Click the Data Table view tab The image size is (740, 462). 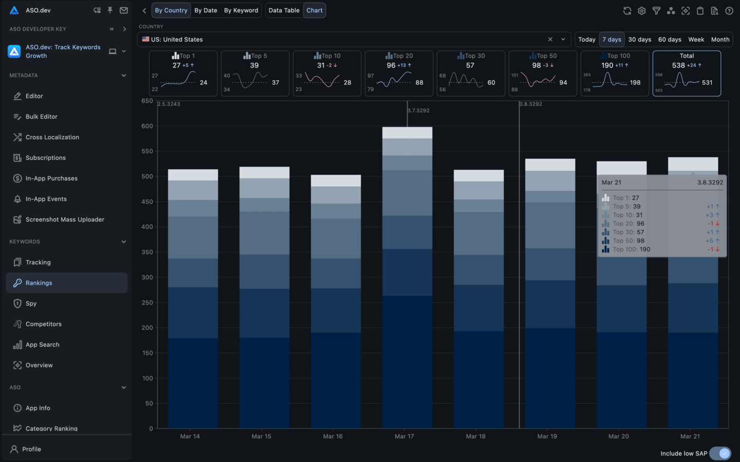284,10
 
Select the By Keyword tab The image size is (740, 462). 241,10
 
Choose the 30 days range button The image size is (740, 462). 639,40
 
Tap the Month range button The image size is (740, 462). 720,40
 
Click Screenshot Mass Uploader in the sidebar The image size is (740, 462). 65,220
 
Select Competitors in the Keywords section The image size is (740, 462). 43,324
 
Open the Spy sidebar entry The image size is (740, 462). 31,304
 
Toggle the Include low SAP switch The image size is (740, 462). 720,453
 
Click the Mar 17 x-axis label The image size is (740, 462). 404,436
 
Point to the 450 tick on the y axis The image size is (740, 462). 147,202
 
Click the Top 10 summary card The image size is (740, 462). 327,73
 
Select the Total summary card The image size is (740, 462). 687,73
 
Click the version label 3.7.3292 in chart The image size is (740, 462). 418,111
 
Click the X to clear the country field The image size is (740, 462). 550,40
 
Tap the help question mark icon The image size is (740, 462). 729,11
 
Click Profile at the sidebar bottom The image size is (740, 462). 31,449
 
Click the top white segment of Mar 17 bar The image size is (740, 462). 407,133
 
